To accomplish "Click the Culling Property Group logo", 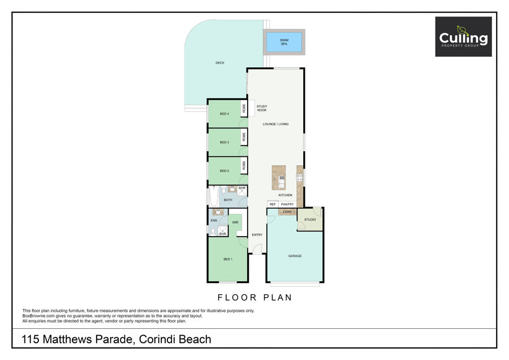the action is [x=463, y=37].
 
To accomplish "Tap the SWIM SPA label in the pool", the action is [x=284, y=42].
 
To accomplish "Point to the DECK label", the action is [x=220, y=63].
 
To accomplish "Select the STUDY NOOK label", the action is [x=262, y=108].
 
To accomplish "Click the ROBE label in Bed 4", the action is [x=244, y=108].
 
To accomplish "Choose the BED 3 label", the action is [x=225, y=142].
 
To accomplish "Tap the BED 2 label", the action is [x=225, y=171].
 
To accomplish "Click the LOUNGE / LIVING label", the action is [x=275, y=124].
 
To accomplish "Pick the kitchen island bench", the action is [x=279, y=178].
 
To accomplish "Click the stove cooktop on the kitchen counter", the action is [x=299, y=178].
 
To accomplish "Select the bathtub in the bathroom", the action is [x=214, y=196].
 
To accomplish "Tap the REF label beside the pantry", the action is [x=273, y=204].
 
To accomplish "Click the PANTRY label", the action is [x=287, y=204].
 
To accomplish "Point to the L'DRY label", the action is [x=288, y=212].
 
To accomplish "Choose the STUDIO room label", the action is [x=310, y=220].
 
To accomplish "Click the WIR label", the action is [x=235, y=222].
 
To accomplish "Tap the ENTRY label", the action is [x=257, y=235].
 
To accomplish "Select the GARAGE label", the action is [x=295, y=256].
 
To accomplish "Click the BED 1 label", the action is [x=228, y=259].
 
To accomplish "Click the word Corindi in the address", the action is [x=157, y=339].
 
